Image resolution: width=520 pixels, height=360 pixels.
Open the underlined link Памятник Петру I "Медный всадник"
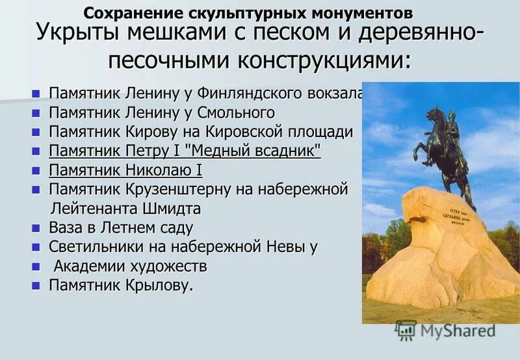185,151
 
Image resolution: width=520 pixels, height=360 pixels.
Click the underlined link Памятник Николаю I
125,171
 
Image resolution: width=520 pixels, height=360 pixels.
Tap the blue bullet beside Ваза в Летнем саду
36,229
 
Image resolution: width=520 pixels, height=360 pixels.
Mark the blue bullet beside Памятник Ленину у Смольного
36,113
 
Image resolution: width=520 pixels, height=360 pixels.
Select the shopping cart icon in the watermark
406,329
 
